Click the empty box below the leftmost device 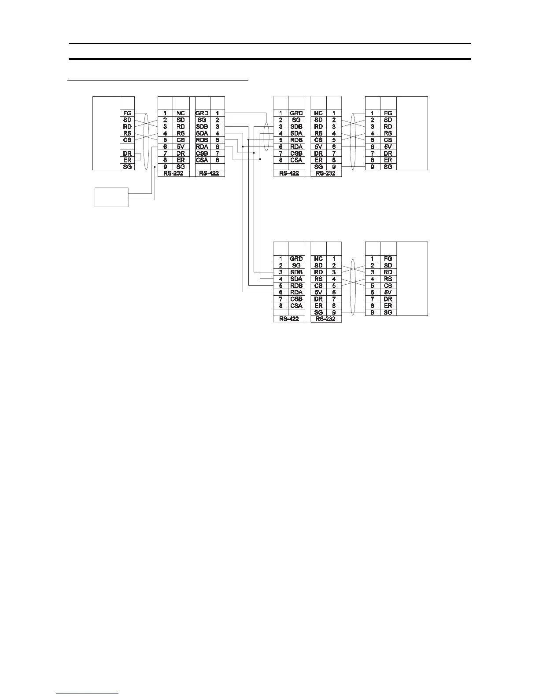point(112,197)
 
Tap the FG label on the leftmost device point(127,113)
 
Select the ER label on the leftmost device point(127,160)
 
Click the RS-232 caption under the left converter point(173,173)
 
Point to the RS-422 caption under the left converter point(210,173)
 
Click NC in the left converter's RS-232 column point(181,113)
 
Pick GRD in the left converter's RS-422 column point(202,113)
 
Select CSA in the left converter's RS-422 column point(202,160)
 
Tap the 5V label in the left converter point(181,147)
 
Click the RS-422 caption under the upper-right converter point(289,173)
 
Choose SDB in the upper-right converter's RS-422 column point(296,127)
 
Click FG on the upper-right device point(388,113)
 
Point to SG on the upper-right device point(388,167)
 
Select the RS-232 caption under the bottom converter point(326,319)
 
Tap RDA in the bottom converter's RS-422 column point(296,292)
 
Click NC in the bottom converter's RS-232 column point(319,259)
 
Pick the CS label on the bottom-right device point(388,286)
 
